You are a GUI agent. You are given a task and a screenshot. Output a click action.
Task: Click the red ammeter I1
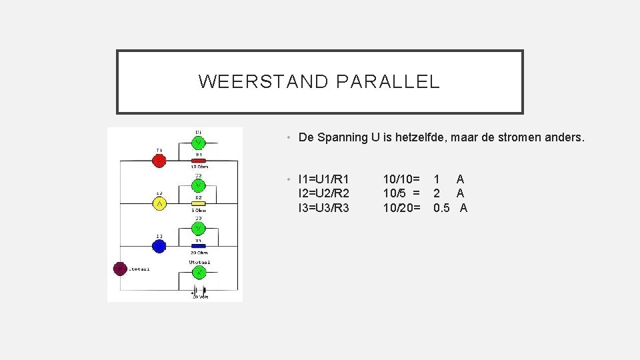tap(159, 161)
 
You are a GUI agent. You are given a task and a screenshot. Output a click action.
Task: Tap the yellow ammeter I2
tap(159, 203)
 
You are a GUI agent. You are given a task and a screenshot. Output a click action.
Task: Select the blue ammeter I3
tap(159, 246)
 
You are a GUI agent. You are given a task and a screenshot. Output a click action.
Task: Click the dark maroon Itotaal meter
tap(120, 269)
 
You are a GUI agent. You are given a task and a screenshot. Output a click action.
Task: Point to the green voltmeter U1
tap(199, 143)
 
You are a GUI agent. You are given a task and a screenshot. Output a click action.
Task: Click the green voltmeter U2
tap(199, 185)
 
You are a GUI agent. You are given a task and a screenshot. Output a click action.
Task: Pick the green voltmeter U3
tap(199, 228)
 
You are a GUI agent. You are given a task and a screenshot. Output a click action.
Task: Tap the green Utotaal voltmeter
tap(199, 272)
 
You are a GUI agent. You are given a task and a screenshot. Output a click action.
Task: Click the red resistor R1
tap(199, 161)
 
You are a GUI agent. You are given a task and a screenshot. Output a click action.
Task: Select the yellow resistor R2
tap(199, 204)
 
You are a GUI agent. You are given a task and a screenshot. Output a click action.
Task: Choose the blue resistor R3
tap(199, 246)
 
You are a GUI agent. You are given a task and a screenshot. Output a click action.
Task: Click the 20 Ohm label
tap(199, 253)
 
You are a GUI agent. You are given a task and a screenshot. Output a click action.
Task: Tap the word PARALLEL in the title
tap(388, 82)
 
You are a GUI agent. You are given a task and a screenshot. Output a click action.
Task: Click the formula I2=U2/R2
tap(325, 193)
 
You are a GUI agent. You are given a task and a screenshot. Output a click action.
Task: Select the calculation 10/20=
tap(401, 208)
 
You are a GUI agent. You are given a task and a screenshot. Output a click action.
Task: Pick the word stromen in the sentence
tap(525, 138)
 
